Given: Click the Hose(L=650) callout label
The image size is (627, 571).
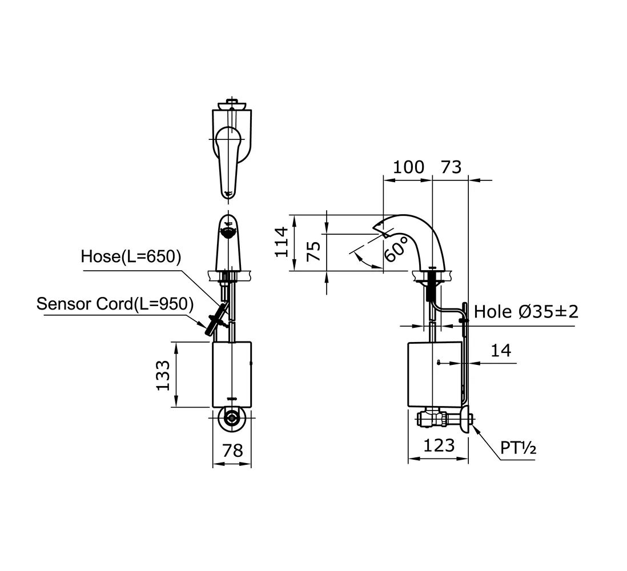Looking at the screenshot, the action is pyautogui.click(x=131, y=256).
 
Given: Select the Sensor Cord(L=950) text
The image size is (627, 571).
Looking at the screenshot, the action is pyautogui.click(x=115, y=304).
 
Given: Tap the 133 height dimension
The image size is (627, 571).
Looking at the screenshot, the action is pyautogui.click(x=163, y=375).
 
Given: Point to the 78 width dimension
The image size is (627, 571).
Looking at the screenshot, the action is pyautogui.click(x=232, y=451).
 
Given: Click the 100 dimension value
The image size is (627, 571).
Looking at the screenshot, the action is pyautogui.click(x=408, y=167).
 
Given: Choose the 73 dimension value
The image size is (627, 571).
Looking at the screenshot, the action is pyautogui.click(x=451, y=167).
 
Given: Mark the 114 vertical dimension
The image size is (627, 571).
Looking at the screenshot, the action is pyautogui.click(x=282, y=242).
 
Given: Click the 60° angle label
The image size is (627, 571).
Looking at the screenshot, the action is pyautogui.click(x=396, y=248).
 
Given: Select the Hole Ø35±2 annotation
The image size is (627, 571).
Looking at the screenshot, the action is pyautogui.click(x=526, y=312).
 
